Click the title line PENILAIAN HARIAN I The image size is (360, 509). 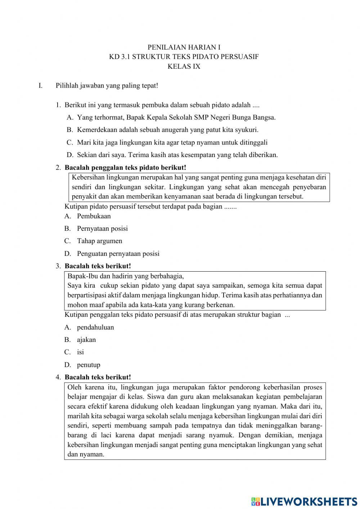tap(184, 47)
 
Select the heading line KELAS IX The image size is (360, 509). tap(184, 66)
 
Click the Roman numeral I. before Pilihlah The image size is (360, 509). tap(41, 86)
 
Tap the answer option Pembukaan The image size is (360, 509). tap(94, 216)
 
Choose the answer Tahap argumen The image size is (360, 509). tap(99, 241)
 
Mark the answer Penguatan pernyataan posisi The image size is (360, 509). tap(118, 254)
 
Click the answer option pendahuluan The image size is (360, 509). tap(95, 327)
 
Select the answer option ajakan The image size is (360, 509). tap(86, 340)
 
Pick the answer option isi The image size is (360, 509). tap(80, 352)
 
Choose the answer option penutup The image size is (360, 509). tap(89, 365)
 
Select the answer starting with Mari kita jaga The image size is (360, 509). tap(172, 142)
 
